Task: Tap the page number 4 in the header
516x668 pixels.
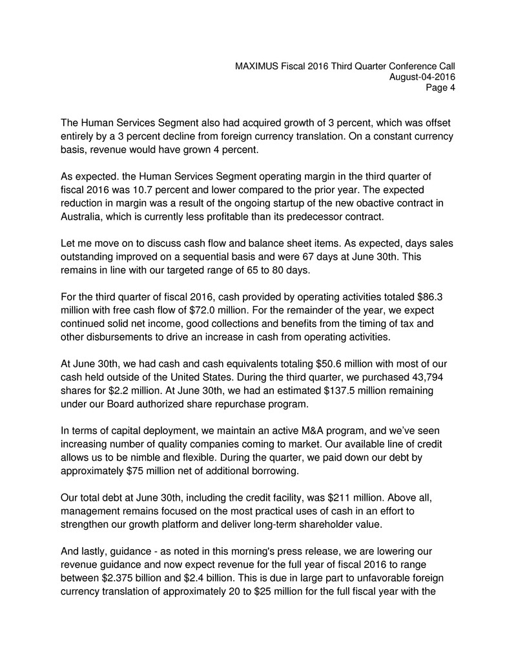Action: (x=453, y=88)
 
